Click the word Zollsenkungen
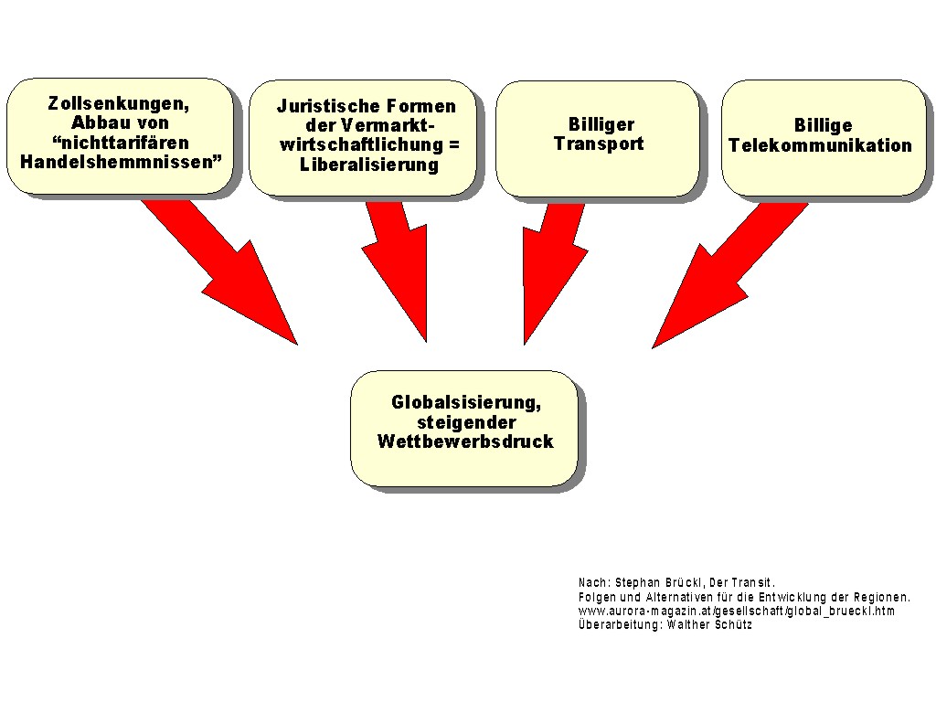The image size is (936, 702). click(x=118, y=104)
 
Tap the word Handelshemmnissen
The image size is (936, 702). click(x=117, y=162)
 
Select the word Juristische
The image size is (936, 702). click(x=328, y=106)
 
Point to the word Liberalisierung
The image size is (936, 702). click(x=369, y=165)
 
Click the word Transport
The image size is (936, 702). click(x=599, y=144)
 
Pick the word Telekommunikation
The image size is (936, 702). click(x=820, y=145)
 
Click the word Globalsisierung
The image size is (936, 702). click(x=465, y=402)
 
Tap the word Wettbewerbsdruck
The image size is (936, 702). click(x=465, y=441)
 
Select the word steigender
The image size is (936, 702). click(x=466, y=422)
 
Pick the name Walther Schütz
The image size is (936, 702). click(x=709, y=625)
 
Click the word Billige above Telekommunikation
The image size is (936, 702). click(x=823, y=125)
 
